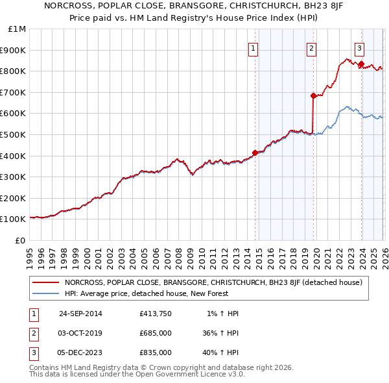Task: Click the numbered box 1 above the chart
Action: point(253,47)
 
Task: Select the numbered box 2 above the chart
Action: point(311,47)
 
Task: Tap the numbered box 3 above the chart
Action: point(359,47)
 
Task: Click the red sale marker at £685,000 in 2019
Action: point(313,95)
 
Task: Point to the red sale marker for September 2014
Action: point(255,153)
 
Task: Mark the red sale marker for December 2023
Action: point(361,64)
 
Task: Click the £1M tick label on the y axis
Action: point(18,29)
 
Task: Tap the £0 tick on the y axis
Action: point(21,240)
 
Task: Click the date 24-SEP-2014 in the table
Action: point(80,314)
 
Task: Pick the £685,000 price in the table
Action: point(156,333)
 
